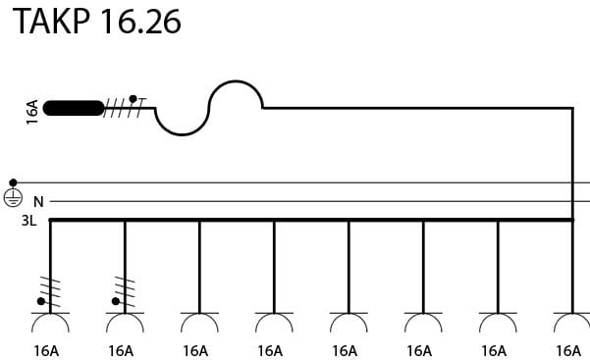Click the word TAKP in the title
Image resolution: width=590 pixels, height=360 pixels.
[52, 22]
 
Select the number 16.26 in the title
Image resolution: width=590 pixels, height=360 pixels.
[140, 22]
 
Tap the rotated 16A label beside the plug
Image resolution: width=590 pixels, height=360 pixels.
[32, 112]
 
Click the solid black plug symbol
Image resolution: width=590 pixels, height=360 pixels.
[74, 108]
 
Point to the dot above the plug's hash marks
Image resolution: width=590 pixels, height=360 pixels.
[133, 99]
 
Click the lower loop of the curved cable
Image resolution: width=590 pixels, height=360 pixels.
[182, 134]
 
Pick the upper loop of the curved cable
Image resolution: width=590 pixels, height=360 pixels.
[236, 80]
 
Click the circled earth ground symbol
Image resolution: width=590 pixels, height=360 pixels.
[13, 197]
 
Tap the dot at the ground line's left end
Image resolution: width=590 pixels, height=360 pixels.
[13, 182]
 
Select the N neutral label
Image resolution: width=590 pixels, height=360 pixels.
[38, 202]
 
